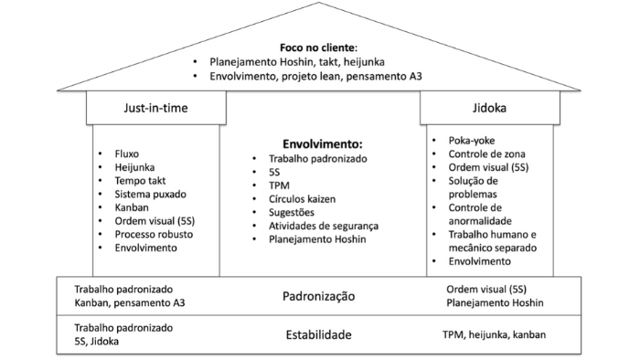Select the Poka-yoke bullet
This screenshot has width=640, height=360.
474,141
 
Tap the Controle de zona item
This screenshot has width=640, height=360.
489,154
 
